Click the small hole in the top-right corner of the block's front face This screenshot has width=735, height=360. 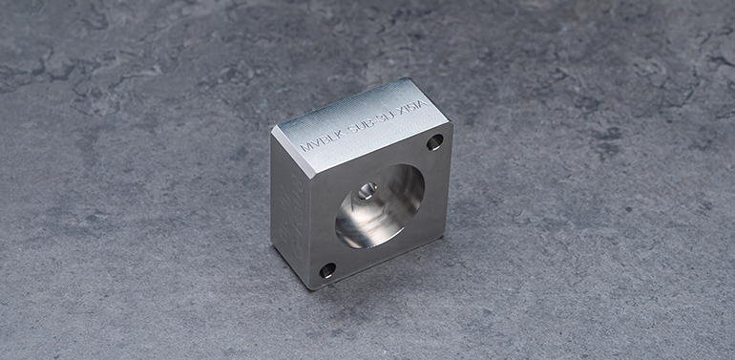(434, 142)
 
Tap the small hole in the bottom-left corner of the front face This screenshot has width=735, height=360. (327, 270)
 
